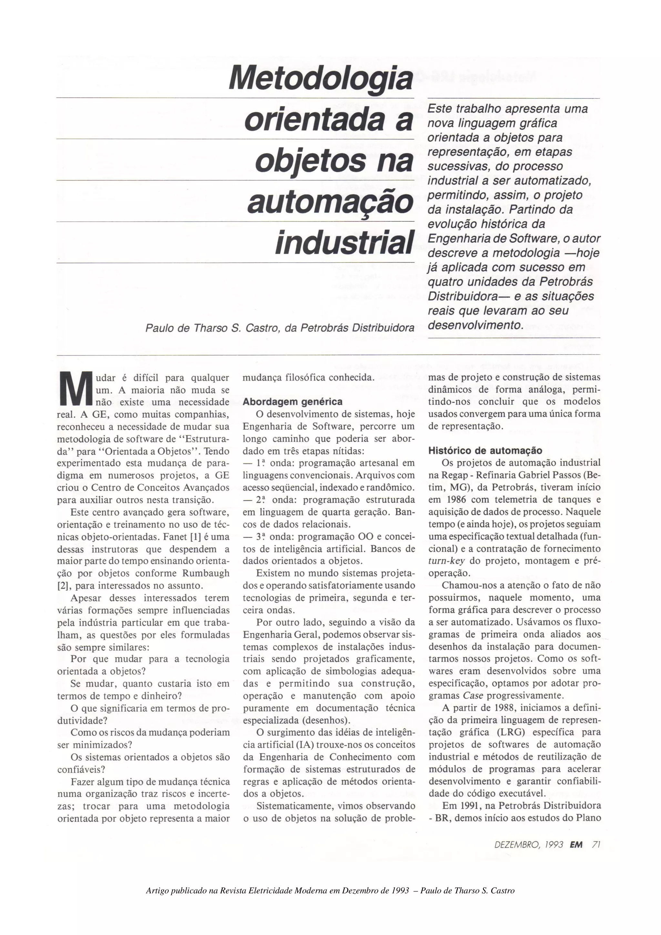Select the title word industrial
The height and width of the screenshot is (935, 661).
(344, 242)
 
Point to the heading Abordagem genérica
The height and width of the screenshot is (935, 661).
(292, 402)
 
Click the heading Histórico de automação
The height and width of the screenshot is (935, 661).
(485, 451)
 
